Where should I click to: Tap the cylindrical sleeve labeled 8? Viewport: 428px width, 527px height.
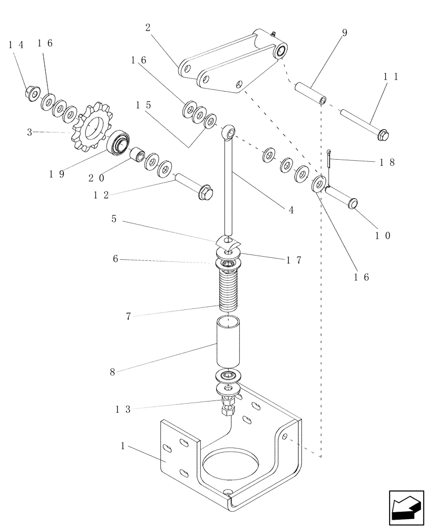228,343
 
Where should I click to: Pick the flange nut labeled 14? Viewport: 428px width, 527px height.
32,93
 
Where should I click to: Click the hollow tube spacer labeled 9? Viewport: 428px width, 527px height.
311,92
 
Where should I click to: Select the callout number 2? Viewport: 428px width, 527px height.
148,28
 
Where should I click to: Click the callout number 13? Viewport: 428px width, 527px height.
123,408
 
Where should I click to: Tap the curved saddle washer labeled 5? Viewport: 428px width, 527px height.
227,243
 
